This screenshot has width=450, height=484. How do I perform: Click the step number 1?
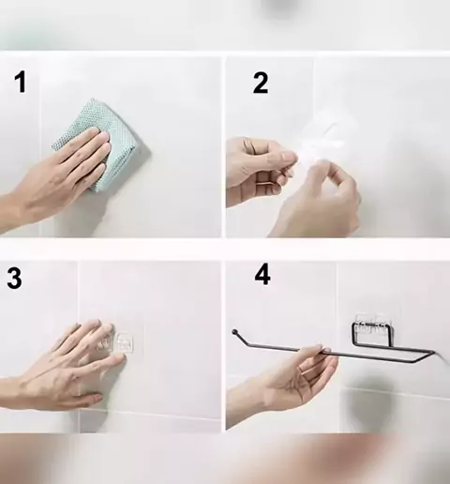click(21, 82)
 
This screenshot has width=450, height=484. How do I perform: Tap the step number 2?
click(261, 83)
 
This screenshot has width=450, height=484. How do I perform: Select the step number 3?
click(15, 278)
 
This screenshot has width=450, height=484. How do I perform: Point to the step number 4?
click(262, 275)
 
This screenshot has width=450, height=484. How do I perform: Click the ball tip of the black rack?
click(234, 331)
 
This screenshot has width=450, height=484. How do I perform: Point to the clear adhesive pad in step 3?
click(124, 342)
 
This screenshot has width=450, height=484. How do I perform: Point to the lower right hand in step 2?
click(316, 200)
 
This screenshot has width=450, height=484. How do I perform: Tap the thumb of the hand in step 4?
click(317, 348)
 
